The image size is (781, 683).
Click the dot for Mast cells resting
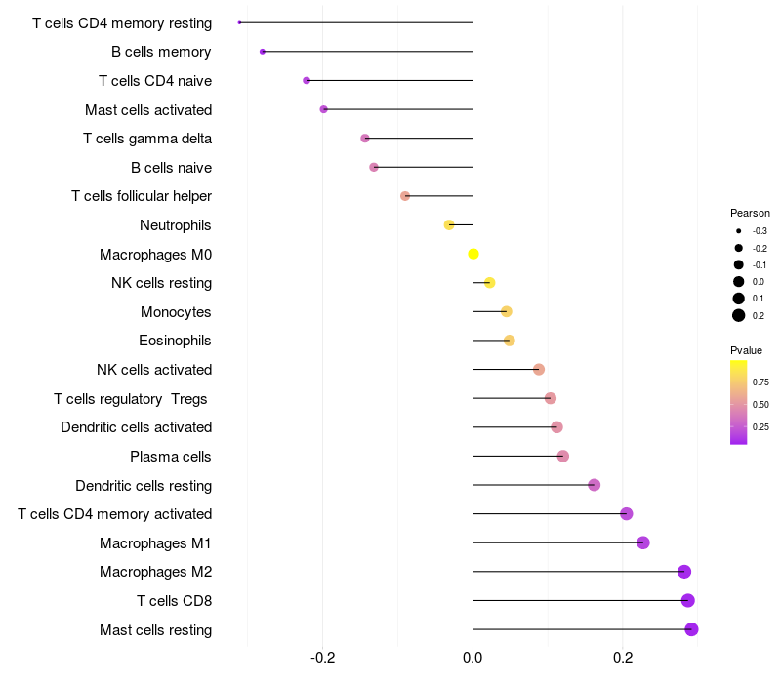(691, 629)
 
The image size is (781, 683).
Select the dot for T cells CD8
(687, 601)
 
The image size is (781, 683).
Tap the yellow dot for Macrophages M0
(473, 254)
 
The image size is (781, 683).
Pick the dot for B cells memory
(263, 51)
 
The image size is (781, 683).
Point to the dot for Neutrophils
(449, 225)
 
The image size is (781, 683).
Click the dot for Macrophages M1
(642, 542)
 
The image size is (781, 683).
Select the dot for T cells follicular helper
(405, 196)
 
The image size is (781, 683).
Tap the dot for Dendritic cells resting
(594, 485)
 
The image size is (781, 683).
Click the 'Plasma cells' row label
(171, 457)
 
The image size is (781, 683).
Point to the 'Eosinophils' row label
(176, 341)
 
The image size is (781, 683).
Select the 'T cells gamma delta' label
(147, 139)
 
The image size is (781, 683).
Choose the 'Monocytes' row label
(176, 312)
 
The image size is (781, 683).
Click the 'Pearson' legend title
(750, 213)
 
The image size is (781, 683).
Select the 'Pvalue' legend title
(746, 350)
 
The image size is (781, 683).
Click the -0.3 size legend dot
(739, 231)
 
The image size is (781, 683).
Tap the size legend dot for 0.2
(739, 315)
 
